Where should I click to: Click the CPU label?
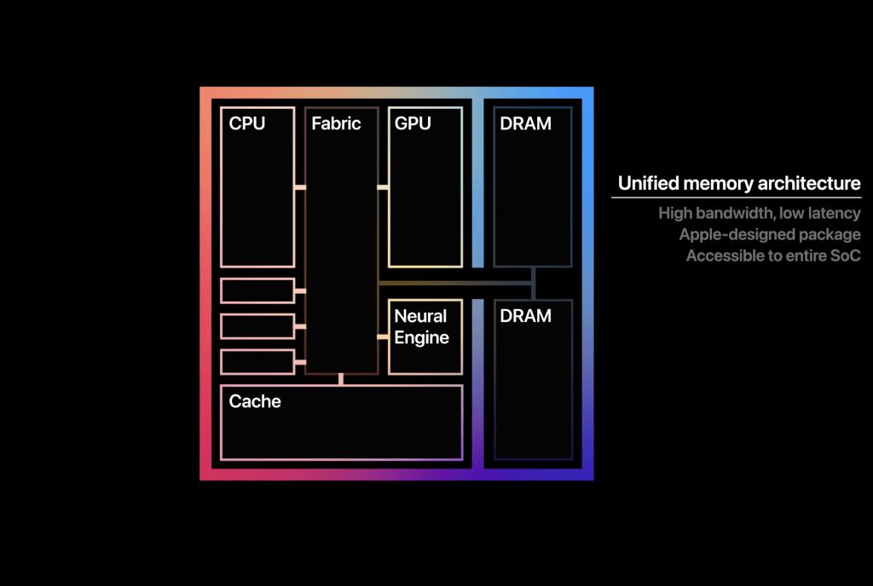click(x=247, y=124)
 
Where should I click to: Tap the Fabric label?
click(x=336, y=124)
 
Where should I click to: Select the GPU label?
click(x=413, y=124)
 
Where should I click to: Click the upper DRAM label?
click(x=525, y=124)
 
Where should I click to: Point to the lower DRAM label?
click(x=525, y=316)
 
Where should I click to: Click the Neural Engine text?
click(x=421, y=327)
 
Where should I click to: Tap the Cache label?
click(x=255, y=401)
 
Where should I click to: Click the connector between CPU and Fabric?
click(x=300, y=187)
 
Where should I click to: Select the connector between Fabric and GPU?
click(x=383, y=187)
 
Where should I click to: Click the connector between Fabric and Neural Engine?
click(x=383, y=337)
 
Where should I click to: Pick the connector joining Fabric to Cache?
click(x=341, y=379)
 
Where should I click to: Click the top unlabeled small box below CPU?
click(x=257, y=290)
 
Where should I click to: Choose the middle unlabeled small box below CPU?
click(x=257, y=326)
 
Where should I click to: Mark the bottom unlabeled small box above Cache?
click(x=257, y=362)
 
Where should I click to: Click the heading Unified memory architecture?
click(x=739, y=184)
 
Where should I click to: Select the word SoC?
click(x=843, y=256)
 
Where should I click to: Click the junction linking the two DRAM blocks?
click(x=533, y=282)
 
